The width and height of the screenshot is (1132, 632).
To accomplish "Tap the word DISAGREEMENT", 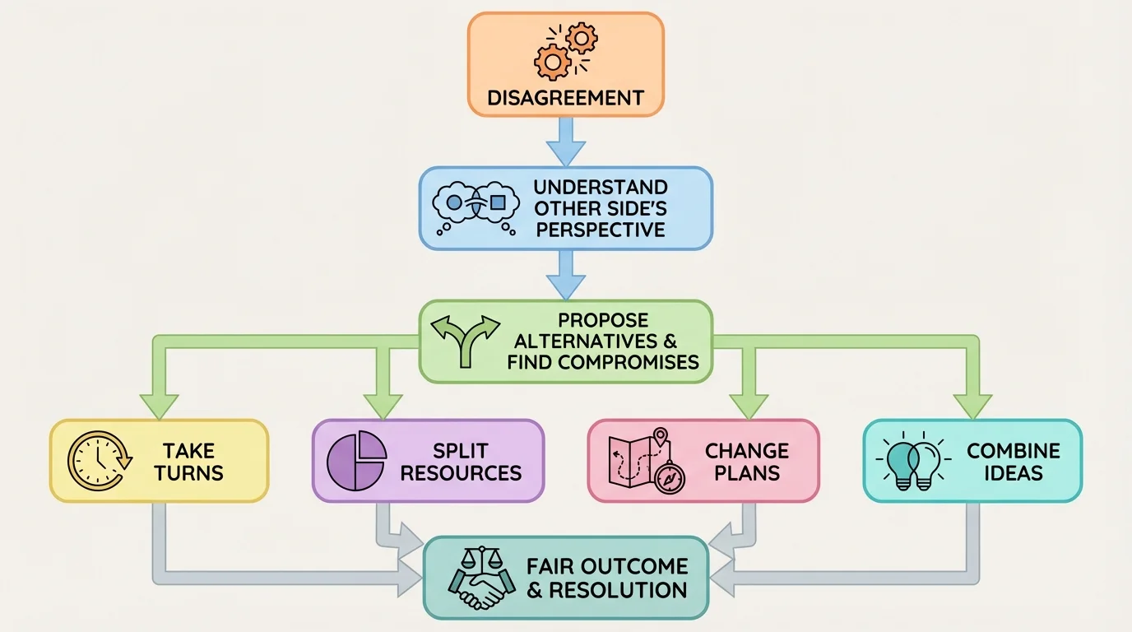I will click(565, 98).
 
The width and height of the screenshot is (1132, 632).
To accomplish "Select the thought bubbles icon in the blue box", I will click(475, 207).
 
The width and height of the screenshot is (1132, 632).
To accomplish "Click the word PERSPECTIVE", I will click(600, 229).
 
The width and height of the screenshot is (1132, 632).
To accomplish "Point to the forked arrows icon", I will click(465, 341).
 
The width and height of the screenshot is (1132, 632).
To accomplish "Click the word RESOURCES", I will click(461, 474).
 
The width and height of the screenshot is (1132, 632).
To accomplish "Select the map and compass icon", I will click(646, 460).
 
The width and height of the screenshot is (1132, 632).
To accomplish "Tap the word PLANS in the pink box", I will click(746, 474).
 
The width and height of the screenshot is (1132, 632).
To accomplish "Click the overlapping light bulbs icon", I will click(912, 461).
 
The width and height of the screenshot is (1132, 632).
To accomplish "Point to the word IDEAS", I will click(1013, 474).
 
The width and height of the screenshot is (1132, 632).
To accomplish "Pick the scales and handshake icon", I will click(478, 578).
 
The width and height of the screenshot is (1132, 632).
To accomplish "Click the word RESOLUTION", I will click(618, 590).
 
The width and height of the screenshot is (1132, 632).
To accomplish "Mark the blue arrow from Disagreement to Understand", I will click(566, 141).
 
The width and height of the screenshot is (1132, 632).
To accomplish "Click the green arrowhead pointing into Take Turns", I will click(159, 406).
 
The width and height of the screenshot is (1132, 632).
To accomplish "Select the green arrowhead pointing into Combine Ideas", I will click(973, 406).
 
